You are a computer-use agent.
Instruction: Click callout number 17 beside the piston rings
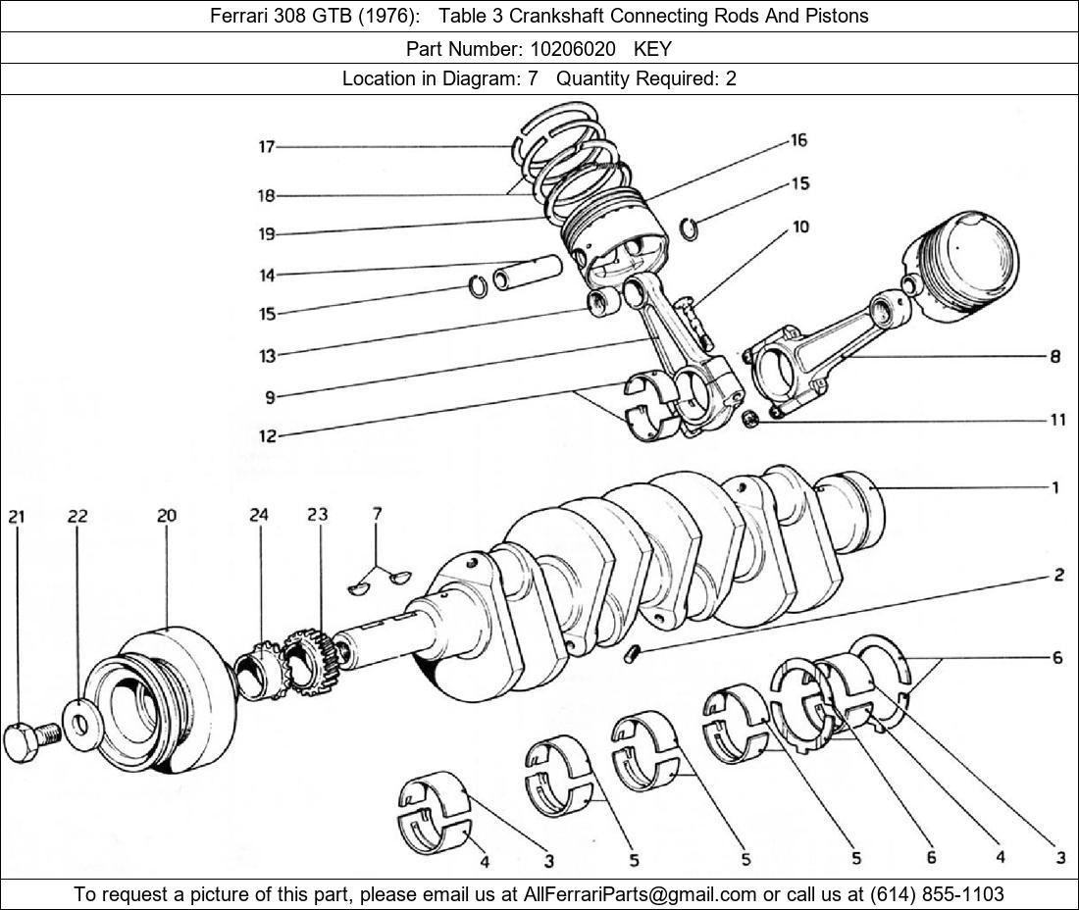click(266, 147)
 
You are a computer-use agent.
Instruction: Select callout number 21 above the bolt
click(18, 516)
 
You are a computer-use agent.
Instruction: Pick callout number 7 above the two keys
click(377, 513)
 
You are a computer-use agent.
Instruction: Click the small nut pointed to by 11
click(749, 420)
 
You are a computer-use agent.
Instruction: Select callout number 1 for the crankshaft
click(1055, 487)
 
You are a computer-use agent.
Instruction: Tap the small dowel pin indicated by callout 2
click(633, 653)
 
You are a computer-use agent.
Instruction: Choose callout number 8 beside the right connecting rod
click(1055, 357)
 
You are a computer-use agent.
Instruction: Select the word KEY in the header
click(652, 47)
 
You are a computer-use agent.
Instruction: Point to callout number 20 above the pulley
click(166, 516)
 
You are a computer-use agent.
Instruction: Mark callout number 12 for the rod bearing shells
click(268, 436)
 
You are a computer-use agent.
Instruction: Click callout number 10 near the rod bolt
click(800, 227)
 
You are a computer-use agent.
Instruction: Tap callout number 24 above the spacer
click(259, 516)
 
